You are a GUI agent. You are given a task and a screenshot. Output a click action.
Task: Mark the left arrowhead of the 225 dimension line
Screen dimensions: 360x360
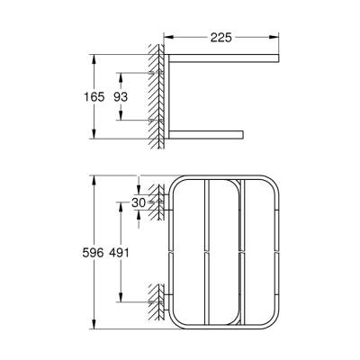click(x=169, y=39)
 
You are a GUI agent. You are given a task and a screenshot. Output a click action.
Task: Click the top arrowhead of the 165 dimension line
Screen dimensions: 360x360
click(x=93, y=56)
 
